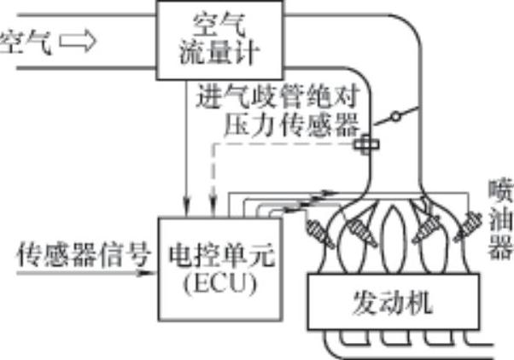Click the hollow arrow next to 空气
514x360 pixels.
pyautogui.click(x=75, y=41)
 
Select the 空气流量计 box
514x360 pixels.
pyautogui.click(x=207, y=38)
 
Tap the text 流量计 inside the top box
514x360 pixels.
pyautogui.click(x=207, y=53)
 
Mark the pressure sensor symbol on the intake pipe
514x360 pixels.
pyautogui.click(x=365, y=146)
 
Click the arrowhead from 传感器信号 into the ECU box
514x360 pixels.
pyautogui.click(x=153, y=273)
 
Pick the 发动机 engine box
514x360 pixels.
pyautogui.click(x=394, y=303)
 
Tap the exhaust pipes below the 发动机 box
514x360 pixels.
pyautogui.click(x=410, y=345)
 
